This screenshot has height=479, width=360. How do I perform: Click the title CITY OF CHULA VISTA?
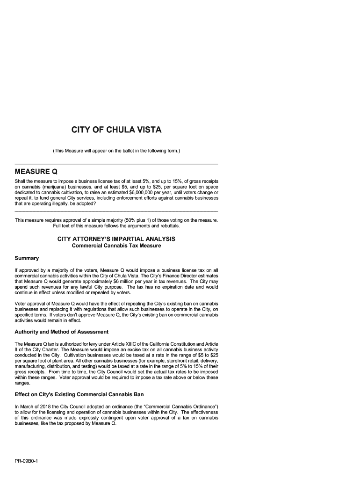[116, 130]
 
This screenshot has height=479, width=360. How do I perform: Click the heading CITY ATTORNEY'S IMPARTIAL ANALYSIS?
[116, 239]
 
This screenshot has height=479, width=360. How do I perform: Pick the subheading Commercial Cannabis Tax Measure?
[116, 246]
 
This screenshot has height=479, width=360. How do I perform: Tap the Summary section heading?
[27, 258]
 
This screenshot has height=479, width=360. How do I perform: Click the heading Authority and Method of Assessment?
[62, 332]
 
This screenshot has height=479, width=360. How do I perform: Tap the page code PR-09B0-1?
[26, 460]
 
